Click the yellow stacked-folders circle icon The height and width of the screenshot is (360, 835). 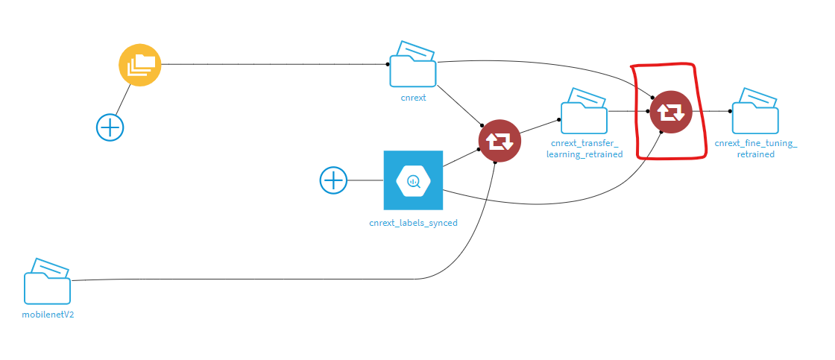pos(140,65)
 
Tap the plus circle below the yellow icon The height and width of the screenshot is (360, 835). pos(110,127)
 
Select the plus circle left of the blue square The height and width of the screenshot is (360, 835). pos(333,180)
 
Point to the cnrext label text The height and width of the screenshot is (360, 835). pos(413,98)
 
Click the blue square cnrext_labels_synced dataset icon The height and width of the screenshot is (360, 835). pos(413,180)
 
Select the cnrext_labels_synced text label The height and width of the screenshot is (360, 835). pos(413,222)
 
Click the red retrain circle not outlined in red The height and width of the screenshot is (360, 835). pos(500,141)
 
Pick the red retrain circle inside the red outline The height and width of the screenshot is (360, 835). pos(671,112)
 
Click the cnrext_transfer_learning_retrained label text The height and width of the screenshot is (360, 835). pos(587,148)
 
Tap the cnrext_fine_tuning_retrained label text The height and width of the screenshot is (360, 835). pos(755,148)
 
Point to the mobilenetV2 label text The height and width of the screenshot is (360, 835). pos(48,315)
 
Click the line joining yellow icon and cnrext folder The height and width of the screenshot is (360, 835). pos(268,64)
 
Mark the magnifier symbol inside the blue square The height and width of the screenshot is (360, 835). pos(413,180)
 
